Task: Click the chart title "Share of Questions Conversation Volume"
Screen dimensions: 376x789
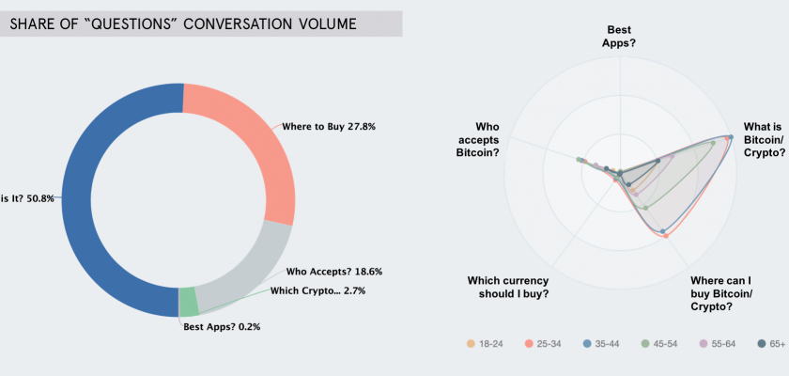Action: coord(183,23)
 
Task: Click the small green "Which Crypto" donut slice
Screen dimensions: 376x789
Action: coord(188,302)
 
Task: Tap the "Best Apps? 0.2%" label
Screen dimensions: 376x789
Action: coord(221,326)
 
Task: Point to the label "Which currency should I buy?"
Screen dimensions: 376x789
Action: coord(508,287)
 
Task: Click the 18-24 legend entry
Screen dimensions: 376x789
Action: coord(486,344)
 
